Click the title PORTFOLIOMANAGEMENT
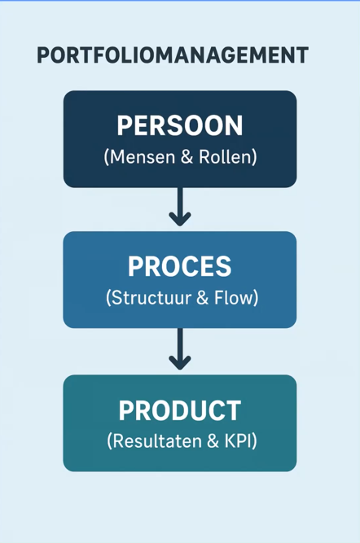(x=173, y=55)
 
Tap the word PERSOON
(x=180, y=125)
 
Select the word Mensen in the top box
(x=143, y=156)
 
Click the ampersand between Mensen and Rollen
(x=187, y=157)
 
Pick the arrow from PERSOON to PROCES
(x=180, y=207)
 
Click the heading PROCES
(x=180, y=266)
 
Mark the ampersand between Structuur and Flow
(x=202, y=298)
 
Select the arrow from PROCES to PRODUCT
(x=180, y=348)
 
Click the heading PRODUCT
(x=180, y=410)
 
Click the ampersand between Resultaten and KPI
(x=213, y=441)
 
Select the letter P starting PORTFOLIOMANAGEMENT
(x=43, y=55)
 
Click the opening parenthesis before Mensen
(x=107, y=157)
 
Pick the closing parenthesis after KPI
(x=255, y=441)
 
